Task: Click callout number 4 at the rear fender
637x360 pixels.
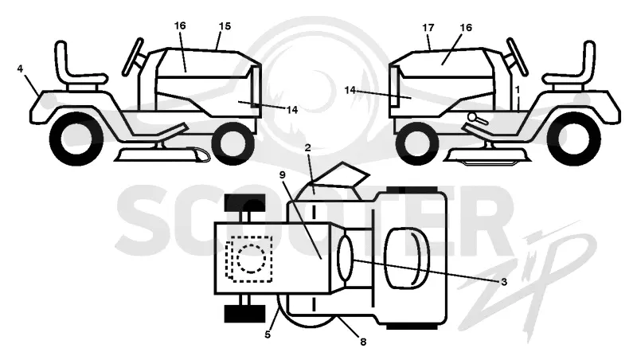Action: tap(21, 68)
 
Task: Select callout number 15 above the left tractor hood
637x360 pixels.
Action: tap(225, 26)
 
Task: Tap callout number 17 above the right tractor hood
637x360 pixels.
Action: tap(428, 28)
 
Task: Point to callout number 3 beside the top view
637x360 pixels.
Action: tap(504, 282)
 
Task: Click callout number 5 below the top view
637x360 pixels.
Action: tap(268, 335)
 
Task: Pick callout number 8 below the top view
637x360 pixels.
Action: tap(363, 342)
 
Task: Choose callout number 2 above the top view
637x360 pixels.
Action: tap(307, 148)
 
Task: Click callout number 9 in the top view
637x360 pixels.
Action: tap(283, 174)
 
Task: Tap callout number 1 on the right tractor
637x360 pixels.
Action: tap(518, 88)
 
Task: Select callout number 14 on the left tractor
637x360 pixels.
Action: tap(292, 110)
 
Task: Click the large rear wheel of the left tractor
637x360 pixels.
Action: tap(76, 139)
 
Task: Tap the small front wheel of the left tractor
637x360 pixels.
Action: tap(233, 143)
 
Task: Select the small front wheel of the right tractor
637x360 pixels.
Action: tap(417, 143)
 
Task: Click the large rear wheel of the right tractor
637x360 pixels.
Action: tap(573, 139)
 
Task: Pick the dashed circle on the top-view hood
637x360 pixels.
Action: tap(252, 258)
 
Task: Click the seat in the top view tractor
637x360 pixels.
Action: tap(407, 258)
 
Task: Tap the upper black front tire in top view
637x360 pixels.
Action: tap(245, 203)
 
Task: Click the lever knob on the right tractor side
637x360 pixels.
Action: tap(472, 116)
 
